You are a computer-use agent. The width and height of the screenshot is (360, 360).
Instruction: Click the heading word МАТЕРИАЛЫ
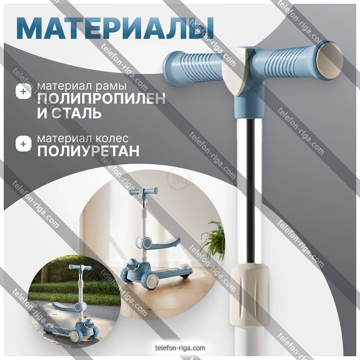[115, 28]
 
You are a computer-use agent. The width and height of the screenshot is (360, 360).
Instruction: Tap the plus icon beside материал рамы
[23, 92]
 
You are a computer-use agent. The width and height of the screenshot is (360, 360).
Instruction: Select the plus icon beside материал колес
[23, 144]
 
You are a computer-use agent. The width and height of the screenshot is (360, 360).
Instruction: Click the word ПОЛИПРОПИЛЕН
[101, 99]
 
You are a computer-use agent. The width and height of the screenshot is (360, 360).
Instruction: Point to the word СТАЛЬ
[77, 113]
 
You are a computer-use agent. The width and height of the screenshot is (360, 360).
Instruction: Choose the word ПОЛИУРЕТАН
[88, 151]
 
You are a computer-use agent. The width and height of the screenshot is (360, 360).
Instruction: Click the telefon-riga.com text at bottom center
[180, 348]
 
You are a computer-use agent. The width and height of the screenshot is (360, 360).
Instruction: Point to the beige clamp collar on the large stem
[249, 295]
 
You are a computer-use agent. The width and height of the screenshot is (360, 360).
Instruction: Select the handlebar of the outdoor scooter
[80, 267]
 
